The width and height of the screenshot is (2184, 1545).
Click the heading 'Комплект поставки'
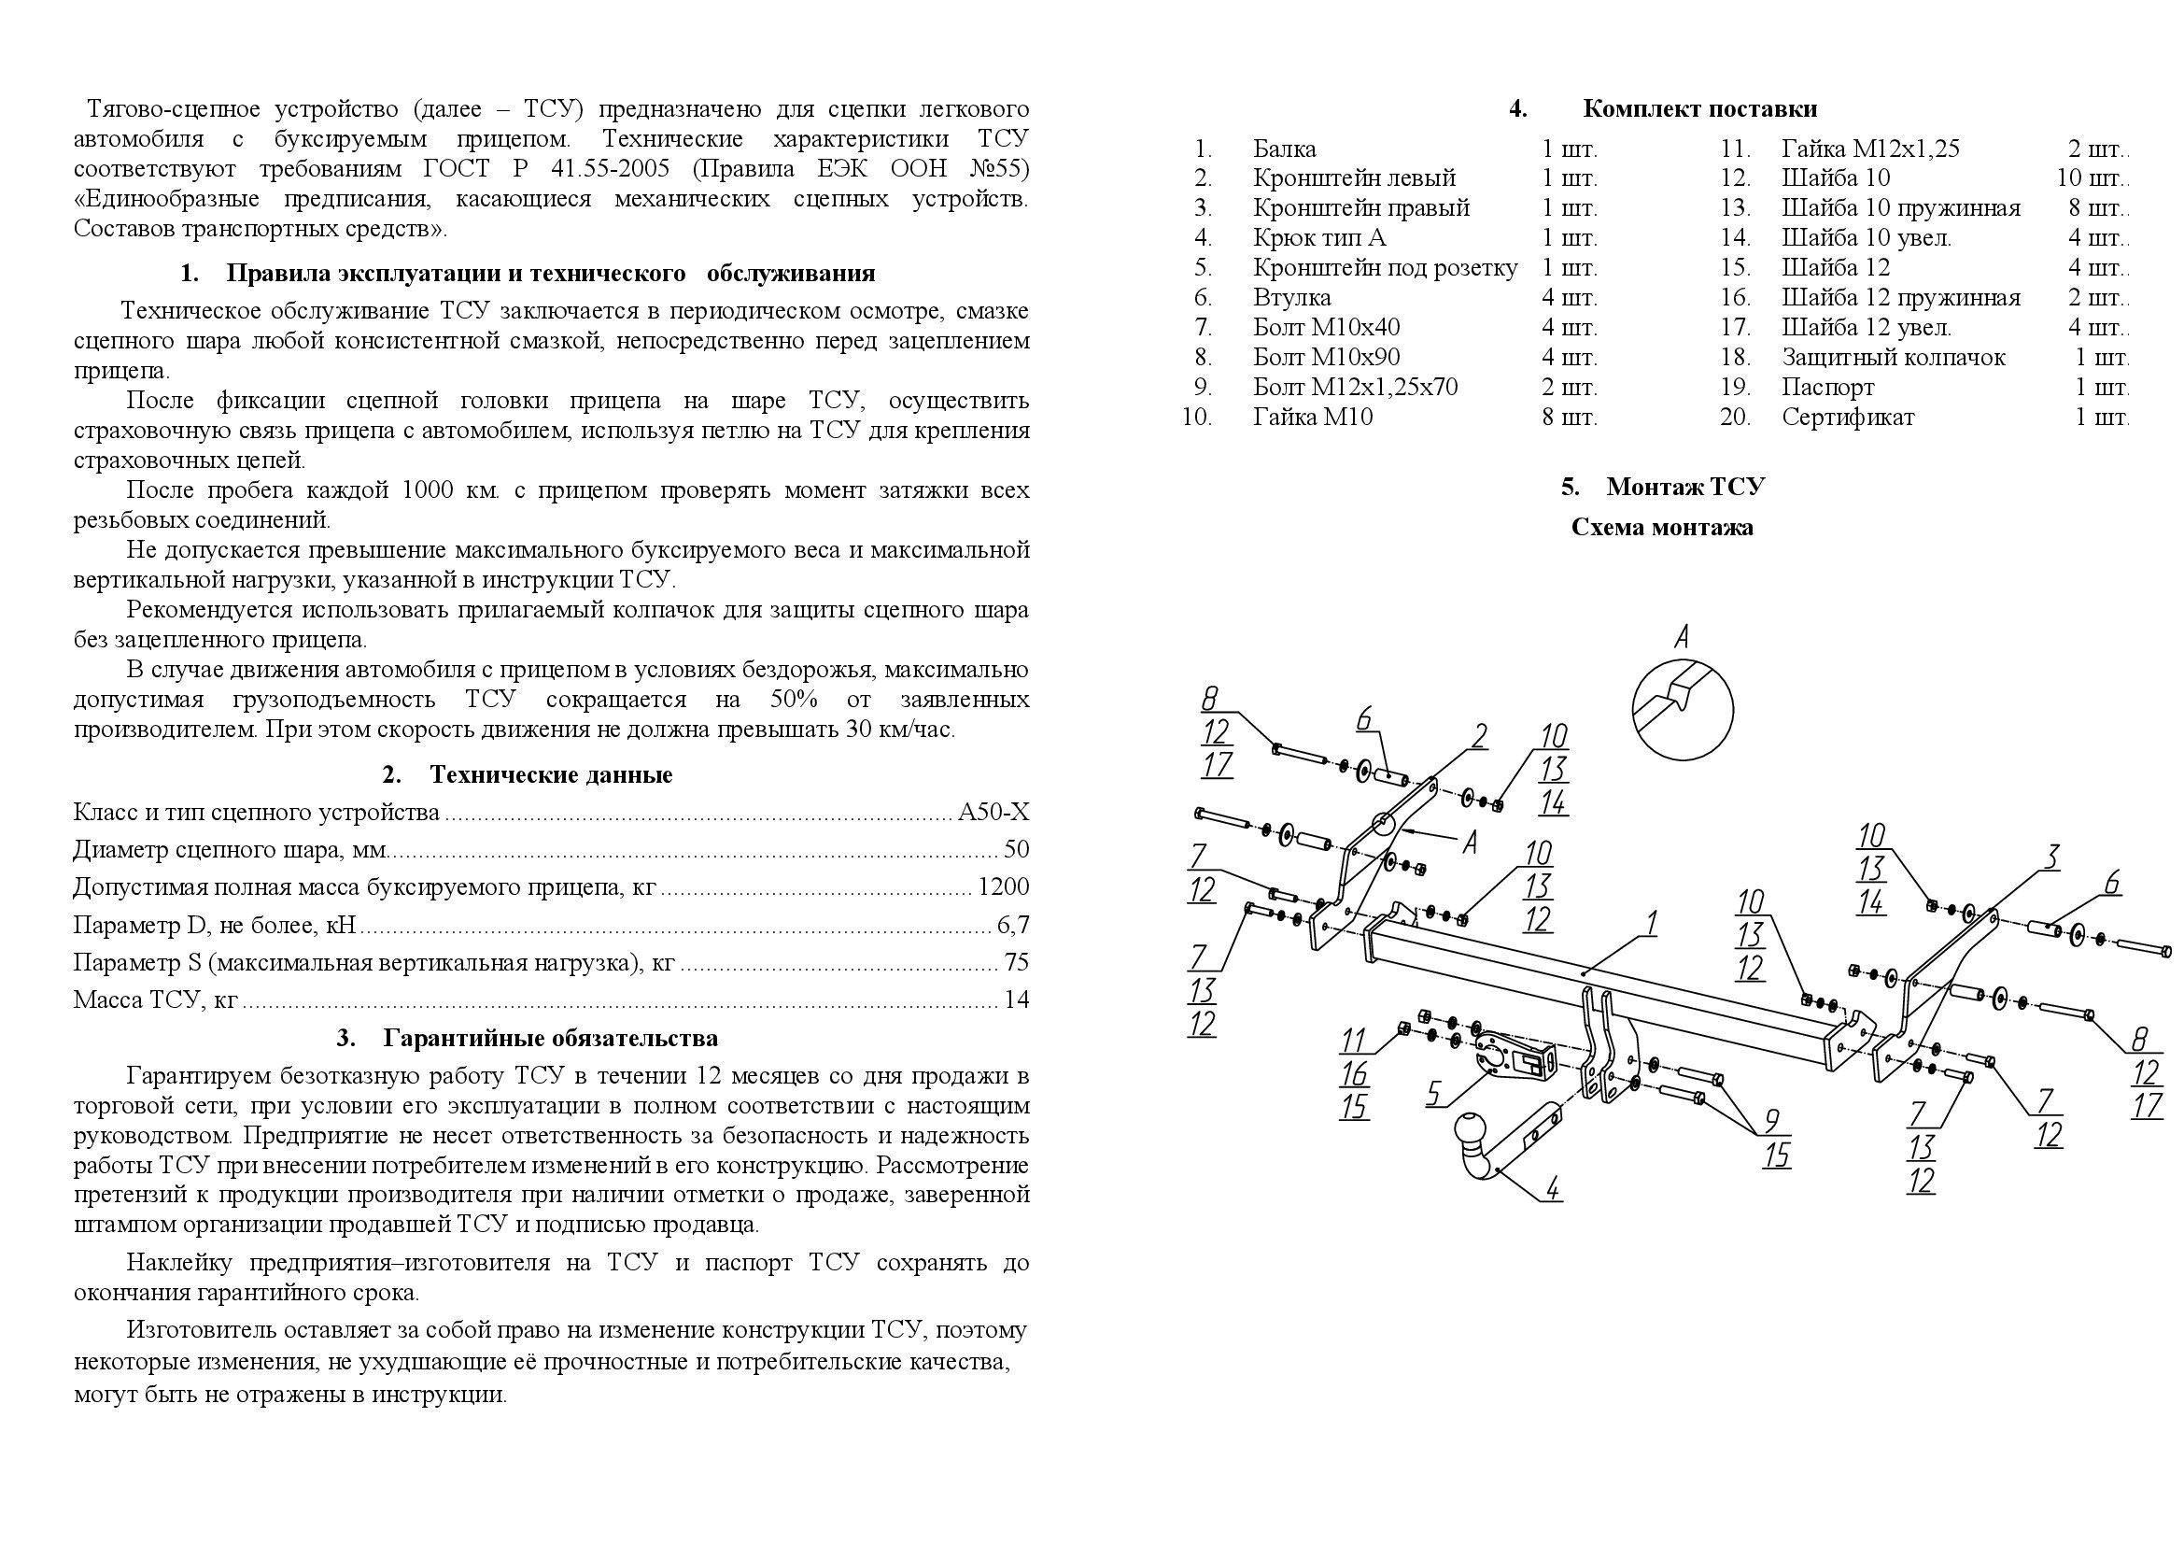(x=1698, y=108)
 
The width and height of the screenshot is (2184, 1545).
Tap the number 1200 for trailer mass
(x=1004, y=887)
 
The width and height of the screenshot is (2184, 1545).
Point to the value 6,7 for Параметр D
(x=1013, y=925)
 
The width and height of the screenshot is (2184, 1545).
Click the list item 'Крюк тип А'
(x=1319, y=238)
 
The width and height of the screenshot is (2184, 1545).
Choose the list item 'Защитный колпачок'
(x=1893, y=358)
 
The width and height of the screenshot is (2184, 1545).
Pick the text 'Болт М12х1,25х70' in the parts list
(x=1355, y=388)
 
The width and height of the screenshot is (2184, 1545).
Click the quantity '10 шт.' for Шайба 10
(x=2091, y=177)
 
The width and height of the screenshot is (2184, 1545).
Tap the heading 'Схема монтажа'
(x=1662, y=528)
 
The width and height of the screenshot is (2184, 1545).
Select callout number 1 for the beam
(x=1652, y=922)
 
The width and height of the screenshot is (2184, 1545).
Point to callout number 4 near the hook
(x=1552, y=1187)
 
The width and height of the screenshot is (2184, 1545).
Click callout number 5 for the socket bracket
(x=1433, y=1094)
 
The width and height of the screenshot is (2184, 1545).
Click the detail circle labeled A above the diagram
(x=1683, y=710)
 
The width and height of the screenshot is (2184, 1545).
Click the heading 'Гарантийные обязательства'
(x=550, y=1038)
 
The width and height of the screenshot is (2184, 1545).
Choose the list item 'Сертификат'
(x=1847, y=417)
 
